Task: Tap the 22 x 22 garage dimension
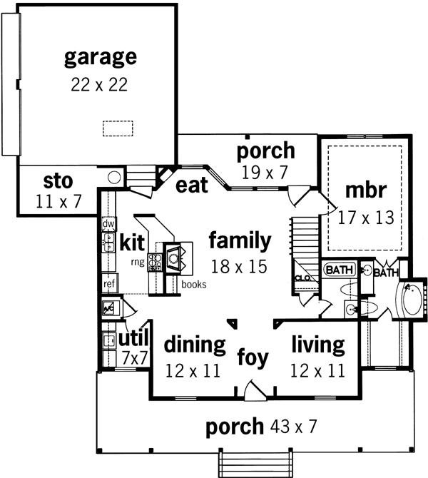pos(99,84)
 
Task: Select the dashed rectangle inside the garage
pos(118,128)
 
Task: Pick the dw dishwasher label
pos(108,224)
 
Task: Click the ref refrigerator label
pos(109,283)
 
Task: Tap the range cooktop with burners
pos(155,262)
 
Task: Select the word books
pos(194,284)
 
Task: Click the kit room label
pos(133,242)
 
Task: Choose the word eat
pos(192,185)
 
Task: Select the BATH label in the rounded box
pos(338,270)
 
